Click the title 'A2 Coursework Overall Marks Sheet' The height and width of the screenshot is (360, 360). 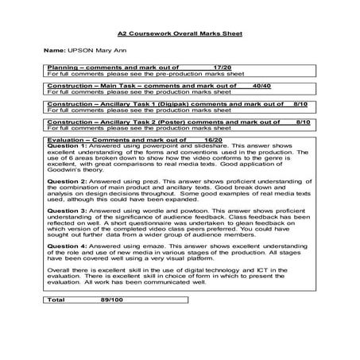pos(180,35)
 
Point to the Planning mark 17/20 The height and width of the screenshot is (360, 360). pos(223,68)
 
